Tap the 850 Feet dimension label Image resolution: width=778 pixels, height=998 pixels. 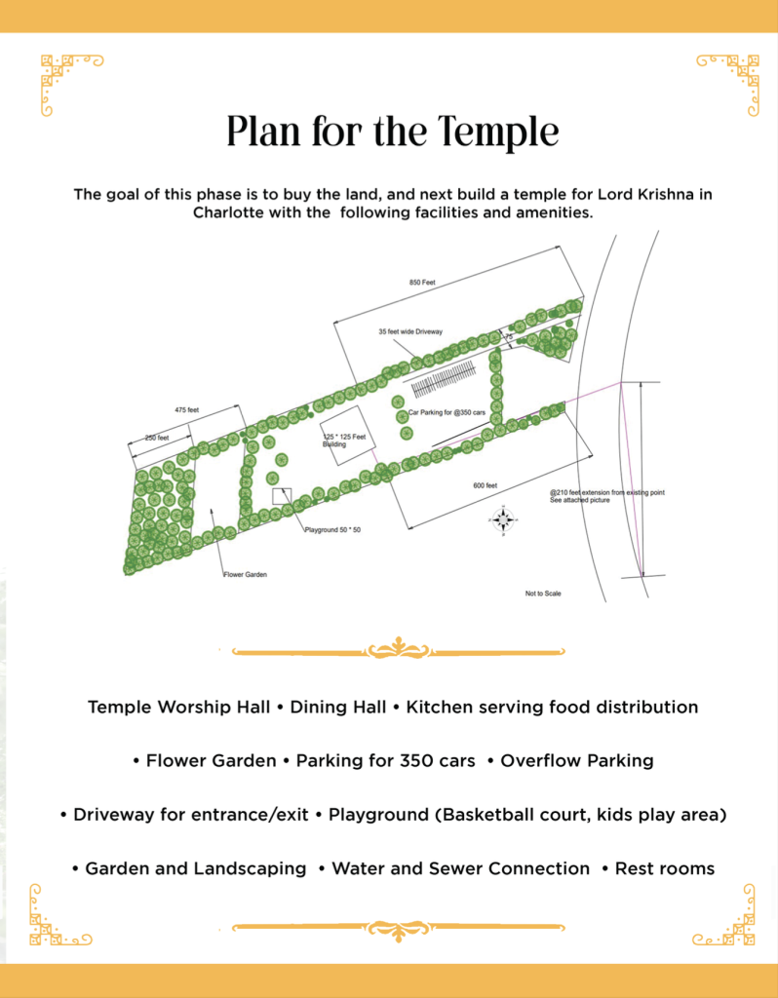[422, 283]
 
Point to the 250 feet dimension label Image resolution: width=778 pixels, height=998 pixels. [157, 439]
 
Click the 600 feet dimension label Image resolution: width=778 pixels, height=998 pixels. [486, 485]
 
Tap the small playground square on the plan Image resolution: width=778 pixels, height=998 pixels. [282, 497]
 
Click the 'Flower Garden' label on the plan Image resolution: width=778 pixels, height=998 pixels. [244, 575]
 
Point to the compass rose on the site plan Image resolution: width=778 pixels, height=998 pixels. [503, 520]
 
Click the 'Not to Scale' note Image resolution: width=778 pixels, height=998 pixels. [543, 594]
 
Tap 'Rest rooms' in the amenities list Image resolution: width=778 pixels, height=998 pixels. [665, 867]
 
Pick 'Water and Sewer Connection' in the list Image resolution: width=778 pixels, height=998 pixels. [461, 867]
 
